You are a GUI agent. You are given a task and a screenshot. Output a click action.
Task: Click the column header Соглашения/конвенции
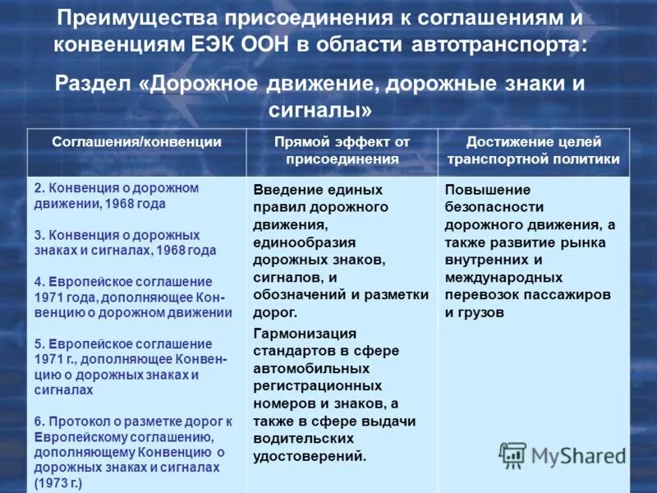pyautogui.click(x=136, y=142)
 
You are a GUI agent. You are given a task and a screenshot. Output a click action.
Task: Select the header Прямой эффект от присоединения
pyautogui.click(x=342, y=150)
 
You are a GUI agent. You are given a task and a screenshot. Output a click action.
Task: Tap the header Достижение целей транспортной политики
pyautogui.click(x=534, y=150)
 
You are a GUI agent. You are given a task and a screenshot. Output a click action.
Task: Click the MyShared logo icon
pyautogui.click(x=513, y=454)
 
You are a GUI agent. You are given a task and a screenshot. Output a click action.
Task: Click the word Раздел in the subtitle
pyautogui.click(x=97, y=84)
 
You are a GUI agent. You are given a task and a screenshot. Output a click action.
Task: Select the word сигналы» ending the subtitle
pyautogui.click(x=320, y=108)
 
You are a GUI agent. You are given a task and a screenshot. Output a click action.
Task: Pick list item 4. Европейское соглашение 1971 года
pyautogui.click(x=131, y=297)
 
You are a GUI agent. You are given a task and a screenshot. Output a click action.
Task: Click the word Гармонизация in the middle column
pyautogui.click(x=305, y=333)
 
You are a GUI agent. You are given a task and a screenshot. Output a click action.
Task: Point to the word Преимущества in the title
pyautogui.click(x=136, y=17)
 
